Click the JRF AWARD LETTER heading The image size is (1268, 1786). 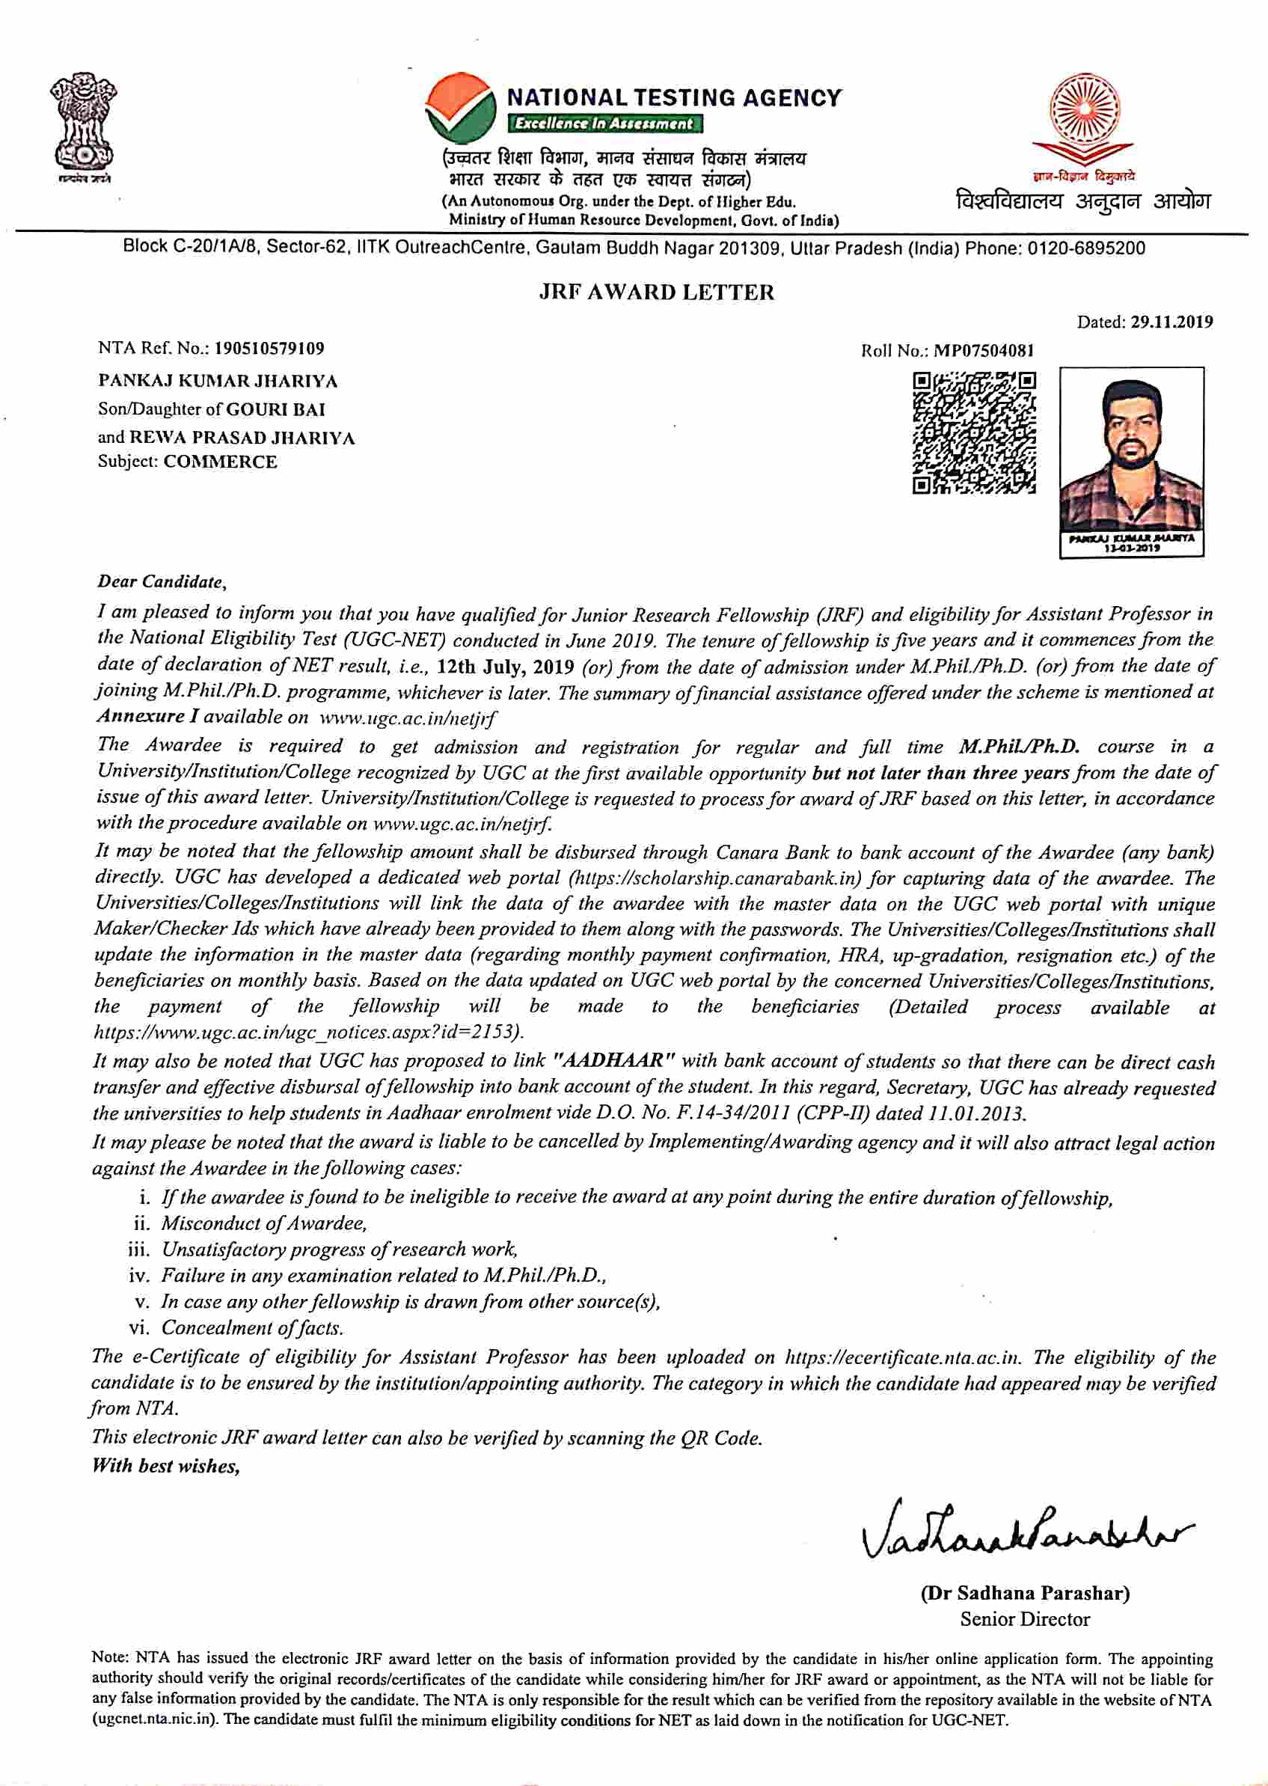(656, 292)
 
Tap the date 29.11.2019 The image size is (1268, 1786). (1171, 322)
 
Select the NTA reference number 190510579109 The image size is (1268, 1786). (269, 349)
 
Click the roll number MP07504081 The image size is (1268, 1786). (984, 351)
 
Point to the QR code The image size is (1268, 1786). (975, 433)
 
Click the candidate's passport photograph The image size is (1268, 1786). (1130, 457)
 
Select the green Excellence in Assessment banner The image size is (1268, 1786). (605, 123)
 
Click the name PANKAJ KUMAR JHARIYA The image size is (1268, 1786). (218, 381)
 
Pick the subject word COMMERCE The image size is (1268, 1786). (220, 462)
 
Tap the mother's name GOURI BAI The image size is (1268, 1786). (275, 409)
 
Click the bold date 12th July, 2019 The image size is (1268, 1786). (505, 667)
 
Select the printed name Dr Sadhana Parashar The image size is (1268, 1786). (1024, 1592)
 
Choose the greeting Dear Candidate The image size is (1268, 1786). (162, 581)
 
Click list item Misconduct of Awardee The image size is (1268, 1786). (264, 1223)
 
